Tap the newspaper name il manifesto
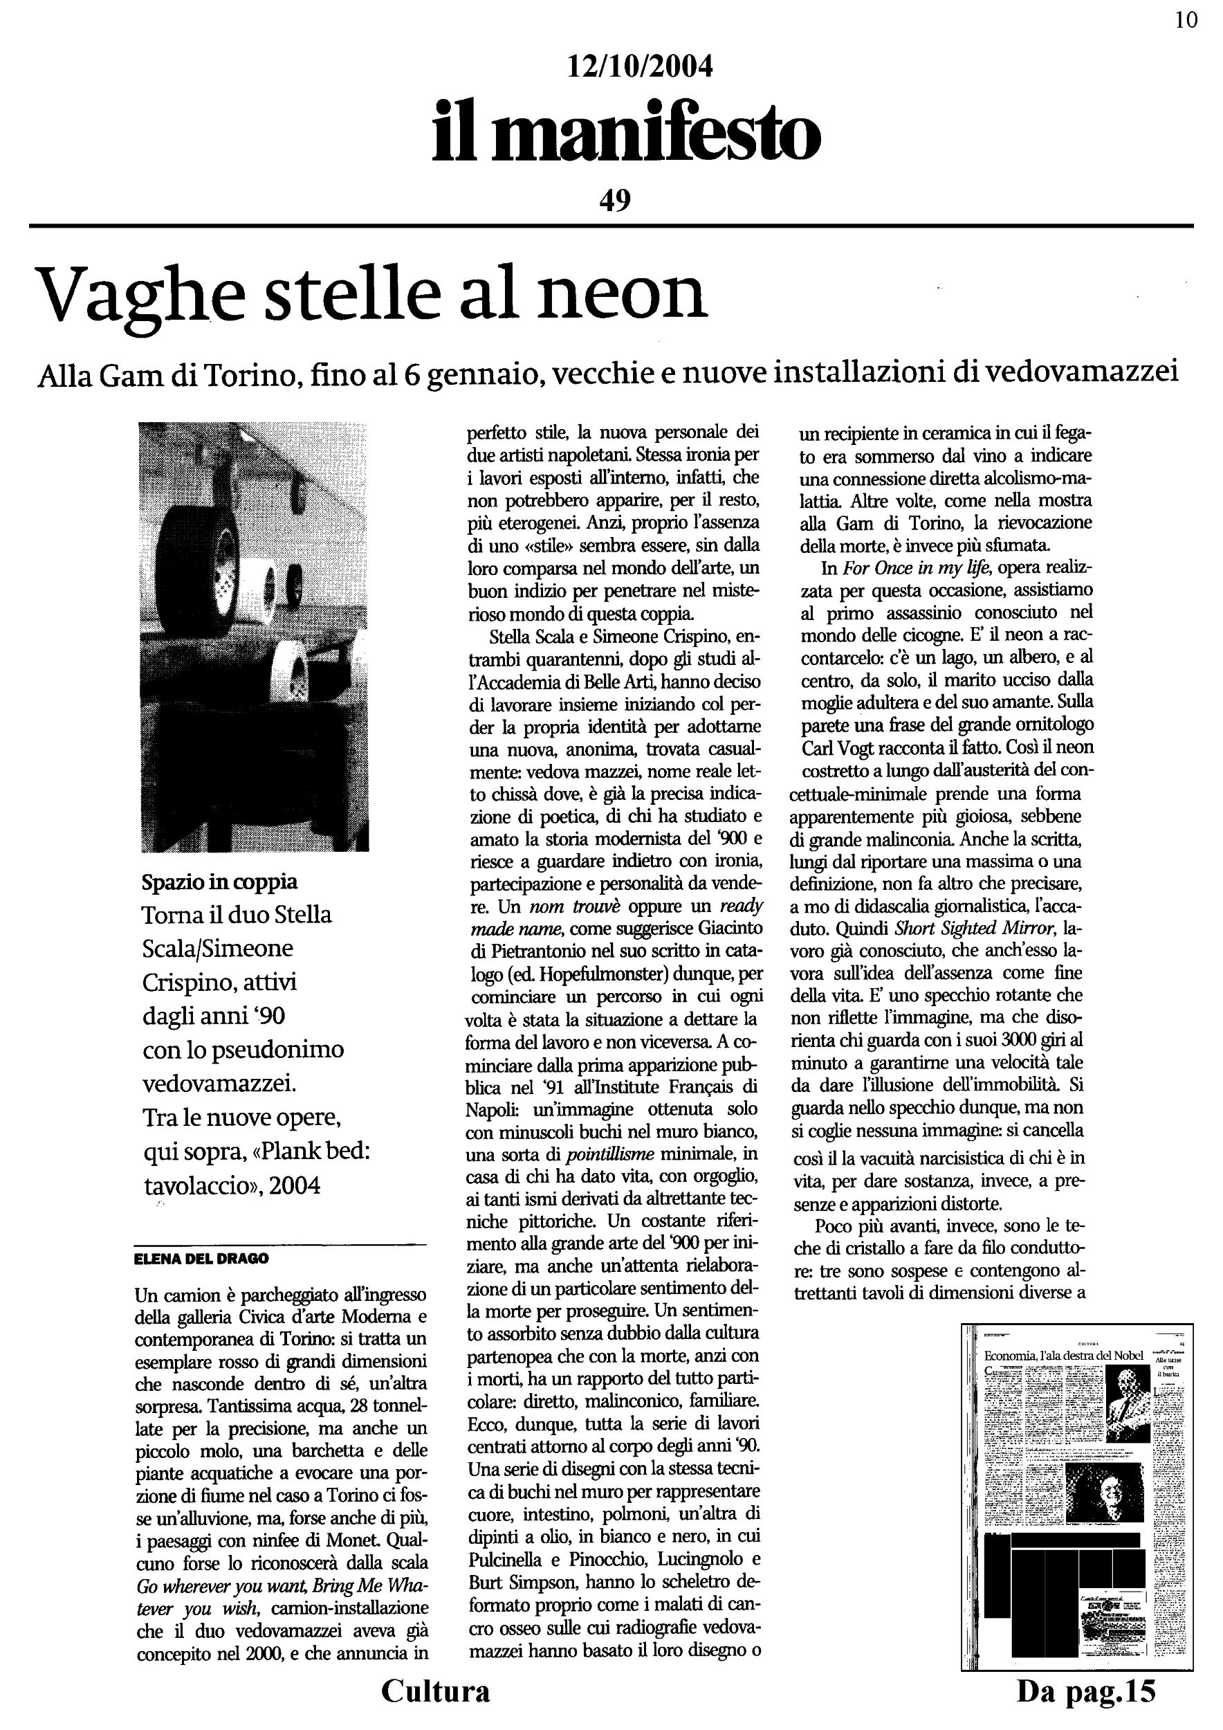[x=625, y=134]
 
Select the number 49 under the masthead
[x=614, y=200]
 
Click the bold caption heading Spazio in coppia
[x=219, y=882]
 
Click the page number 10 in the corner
[x=1186, y=20]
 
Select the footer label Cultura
[x=435, y=1691]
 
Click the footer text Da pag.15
[x=1085, y=1691]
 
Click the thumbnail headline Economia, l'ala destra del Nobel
[x=1063, y=1356]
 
